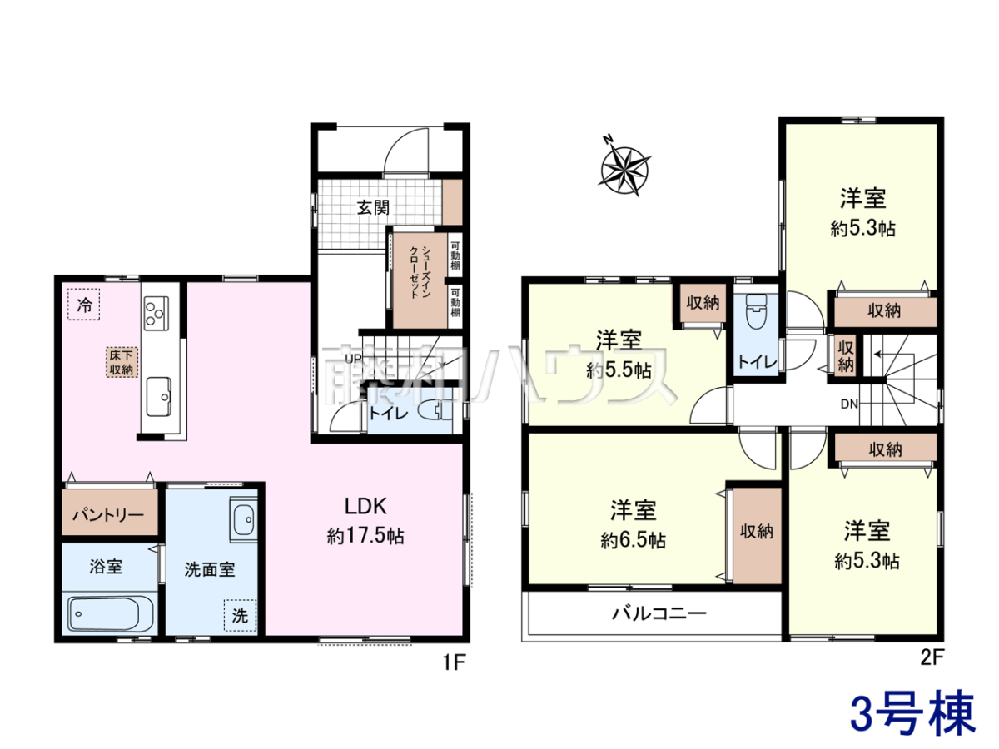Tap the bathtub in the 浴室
[x=104, y=614]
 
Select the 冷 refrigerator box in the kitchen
[x=84, y=305]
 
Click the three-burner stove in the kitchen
[x=157, y=313]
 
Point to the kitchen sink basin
[x=159, y=396]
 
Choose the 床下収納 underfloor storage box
[x=122, y=363]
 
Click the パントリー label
[x=108, y=515]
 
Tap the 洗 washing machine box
[x=240, y=615]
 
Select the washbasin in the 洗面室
[x=243, y=519]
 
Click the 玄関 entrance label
[x=373, y=207]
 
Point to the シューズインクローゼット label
[x=420, y=273]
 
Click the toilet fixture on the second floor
[x=757, y=311]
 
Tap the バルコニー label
[x=659, y=613]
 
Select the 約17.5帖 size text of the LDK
[x=365, y=537]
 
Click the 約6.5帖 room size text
[x=633, y=541]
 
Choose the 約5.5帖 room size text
[x=619, y=370]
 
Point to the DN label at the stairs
[x=849, y=404]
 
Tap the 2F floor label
[x=932, y=657]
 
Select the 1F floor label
[x=454, y=663]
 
